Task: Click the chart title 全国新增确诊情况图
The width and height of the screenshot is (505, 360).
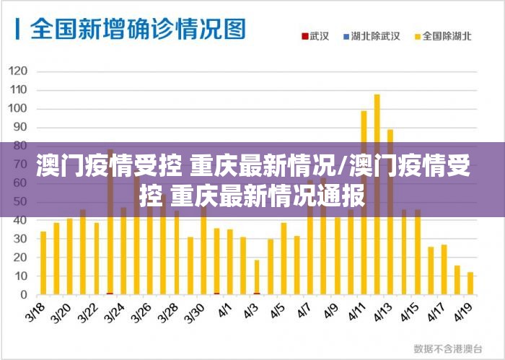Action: coord(137,30)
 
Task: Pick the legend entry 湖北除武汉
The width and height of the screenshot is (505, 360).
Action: coord(374,35)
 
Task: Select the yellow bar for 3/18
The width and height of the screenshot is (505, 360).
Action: coord(43,263)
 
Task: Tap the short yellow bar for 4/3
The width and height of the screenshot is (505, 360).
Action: coord(257,277)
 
